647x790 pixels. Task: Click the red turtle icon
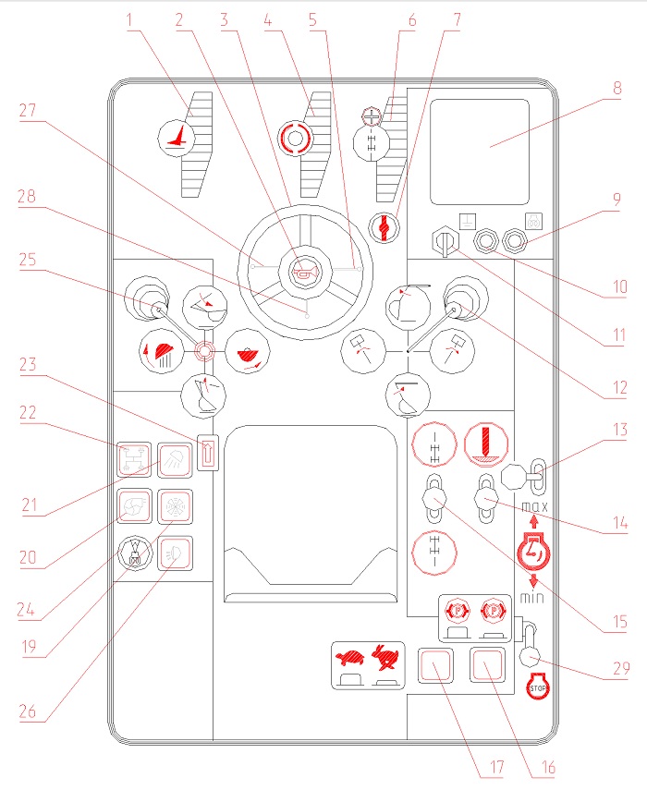coord(349,658)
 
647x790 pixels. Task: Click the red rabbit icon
coord(386,658)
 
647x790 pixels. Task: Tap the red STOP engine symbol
coord(538,686)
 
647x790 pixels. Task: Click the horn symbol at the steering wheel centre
coord(305,273)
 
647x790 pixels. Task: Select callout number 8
coord(616,89)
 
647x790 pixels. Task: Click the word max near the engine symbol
coord(534,506)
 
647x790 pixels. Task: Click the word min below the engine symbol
coord(532,598)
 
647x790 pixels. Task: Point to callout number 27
coord(28,110)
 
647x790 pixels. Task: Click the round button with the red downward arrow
coord(486,444)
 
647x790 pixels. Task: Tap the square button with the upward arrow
coord(208,453)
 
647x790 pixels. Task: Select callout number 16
coord(548,767)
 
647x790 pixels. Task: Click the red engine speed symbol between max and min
coord(533,553)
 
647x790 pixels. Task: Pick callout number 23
coord(28,364)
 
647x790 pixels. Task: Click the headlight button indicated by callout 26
coord(175,553)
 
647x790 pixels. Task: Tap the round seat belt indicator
coord(135,553)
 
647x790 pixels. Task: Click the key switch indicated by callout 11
coord(446,241)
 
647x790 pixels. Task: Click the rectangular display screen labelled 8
coord(479,152)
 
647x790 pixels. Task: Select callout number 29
coord(621,669)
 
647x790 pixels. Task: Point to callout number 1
coord(129,20)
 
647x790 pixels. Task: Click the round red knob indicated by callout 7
coord(384,227)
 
